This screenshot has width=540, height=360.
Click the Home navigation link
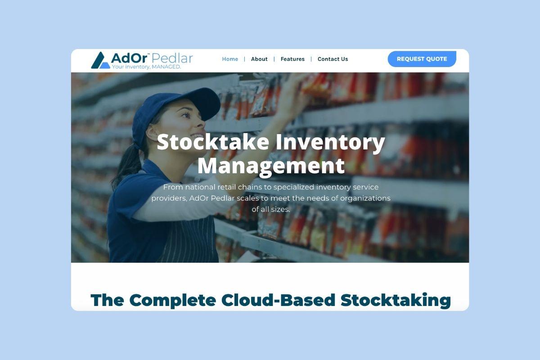coord(230,59)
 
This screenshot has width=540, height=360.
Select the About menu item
coord(259,59)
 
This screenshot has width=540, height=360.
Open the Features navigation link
coord(292,59)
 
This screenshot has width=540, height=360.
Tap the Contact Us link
coord(333,59)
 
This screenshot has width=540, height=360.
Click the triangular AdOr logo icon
coord(100,60)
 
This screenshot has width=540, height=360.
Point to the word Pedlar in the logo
coord(172,58)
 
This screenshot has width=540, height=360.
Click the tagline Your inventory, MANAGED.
coord(146,67)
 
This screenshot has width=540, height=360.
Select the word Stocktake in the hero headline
coord(213,142)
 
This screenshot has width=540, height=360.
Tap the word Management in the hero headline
coord(271,166)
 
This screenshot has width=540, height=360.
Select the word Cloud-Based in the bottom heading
coord(278,300)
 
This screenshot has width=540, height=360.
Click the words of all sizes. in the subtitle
coord(271,209)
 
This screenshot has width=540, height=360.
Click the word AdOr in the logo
coord(129,58)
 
